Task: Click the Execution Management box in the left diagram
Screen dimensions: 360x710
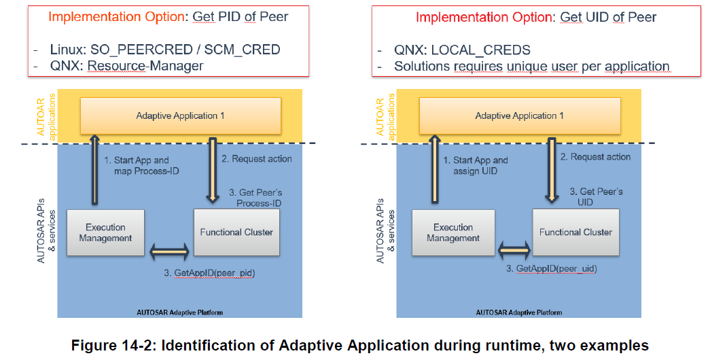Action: [105, 233]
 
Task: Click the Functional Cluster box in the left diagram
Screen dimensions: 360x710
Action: [236, 232]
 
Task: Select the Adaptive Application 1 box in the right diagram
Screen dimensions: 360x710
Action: [520, 115]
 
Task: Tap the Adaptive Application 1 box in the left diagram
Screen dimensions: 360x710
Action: [180, 115]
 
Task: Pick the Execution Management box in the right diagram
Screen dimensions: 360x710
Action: [453, 233]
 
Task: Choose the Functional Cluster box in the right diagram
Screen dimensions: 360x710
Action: [575, 232]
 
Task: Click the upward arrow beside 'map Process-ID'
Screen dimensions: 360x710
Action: [95, 170]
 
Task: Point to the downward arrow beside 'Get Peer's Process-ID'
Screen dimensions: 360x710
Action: [213, 170]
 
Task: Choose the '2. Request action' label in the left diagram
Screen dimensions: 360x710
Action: [256, 159]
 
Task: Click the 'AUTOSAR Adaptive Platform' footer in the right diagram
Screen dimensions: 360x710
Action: [519, 312]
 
